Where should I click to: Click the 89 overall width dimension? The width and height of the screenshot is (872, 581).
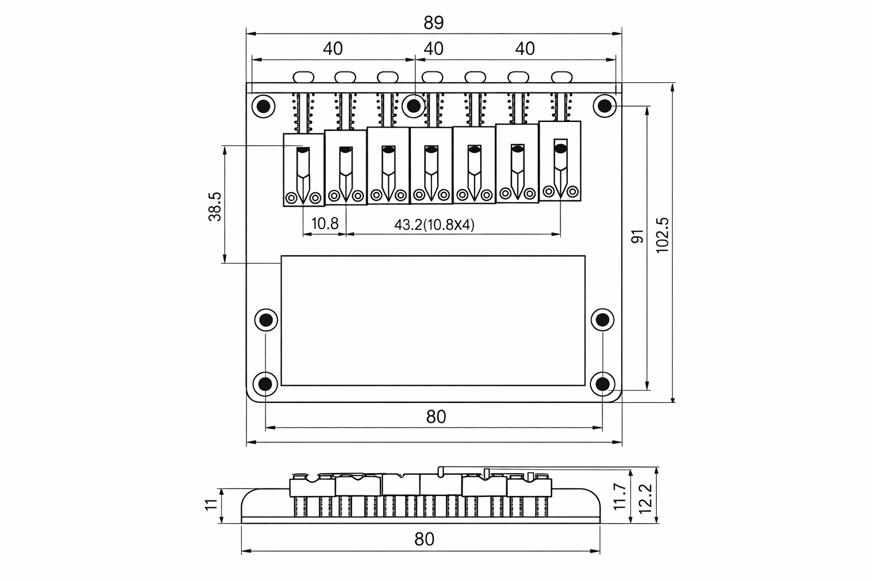pyautogui.click(x=434, y=23)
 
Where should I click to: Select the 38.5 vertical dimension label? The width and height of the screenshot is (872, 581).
pyautogui.click(x=215, y=207)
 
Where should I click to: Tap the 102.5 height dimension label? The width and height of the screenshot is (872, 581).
pyautogui.click(x=662, y=235)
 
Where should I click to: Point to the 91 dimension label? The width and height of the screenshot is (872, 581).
pyautogui.click(x=638, y=237)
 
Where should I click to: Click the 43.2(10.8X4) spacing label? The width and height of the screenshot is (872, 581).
pyautogui.click(x=434, y=225)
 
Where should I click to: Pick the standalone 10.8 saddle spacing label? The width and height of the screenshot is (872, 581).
pyautogui.click(x=325, y=224)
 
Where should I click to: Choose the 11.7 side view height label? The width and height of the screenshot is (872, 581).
pyautogui.click(x=619, y=496)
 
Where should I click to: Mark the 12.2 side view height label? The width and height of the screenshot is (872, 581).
pyautogui.click(x=645, y=499)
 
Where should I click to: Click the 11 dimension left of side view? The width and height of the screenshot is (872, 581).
pyautogui.click(x=211, y=504)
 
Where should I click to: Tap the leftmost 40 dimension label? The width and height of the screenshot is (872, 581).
pyautogui.click(x=333, y=49)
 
